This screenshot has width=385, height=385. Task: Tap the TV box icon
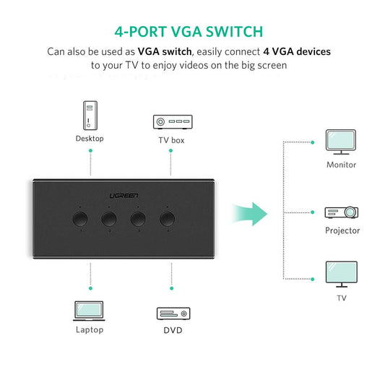coord(171,121)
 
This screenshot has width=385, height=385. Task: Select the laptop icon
coord(90,311)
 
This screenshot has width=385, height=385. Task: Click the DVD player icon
coord(173,313)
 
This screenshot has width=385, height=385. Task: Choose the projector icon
coord(341,212)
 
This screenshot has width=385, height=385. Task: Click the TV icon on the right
coord(340,275)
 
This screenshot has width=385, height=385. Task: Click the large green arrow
coord(249,213)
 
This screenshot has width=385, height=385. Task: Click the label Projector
coord(342,230)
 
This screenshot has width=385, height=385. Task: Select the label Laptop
coord(90,330)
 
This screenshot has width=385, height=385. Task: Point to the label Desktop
coord(90,139)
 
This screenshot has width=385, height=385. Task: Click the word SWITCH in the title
coord(232,32)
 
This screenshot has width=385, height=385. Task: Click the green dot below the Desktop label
coord(90,151)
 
